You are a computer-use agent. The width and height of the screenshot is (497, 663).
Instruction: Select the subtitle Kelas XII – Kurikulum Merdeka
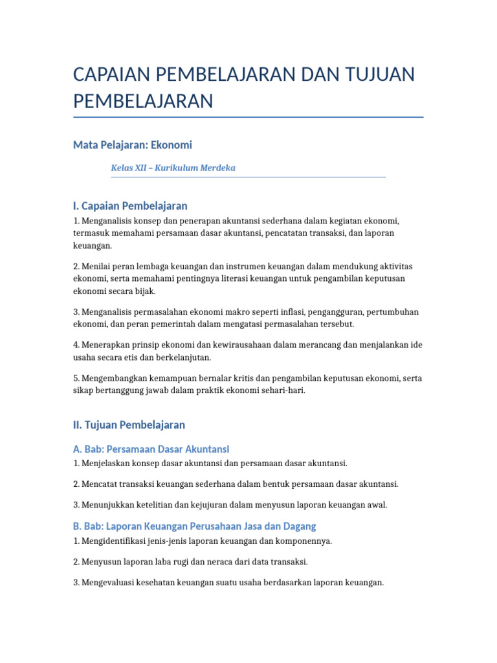(173, 168)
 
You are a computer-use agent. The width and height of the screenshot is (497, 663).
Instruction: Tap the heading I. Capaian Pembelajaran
(130, 206)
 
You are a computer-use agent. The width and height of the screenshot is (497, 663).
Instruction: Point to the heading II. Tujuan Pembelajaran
(129, 425)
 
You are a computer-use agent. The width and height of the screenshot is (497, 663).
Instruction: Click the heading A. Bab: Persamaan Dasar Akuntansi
(151, 449)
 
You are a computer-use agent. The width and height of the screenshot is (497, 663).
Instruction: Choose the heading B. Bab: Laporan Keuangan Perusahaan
(194, 526)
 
